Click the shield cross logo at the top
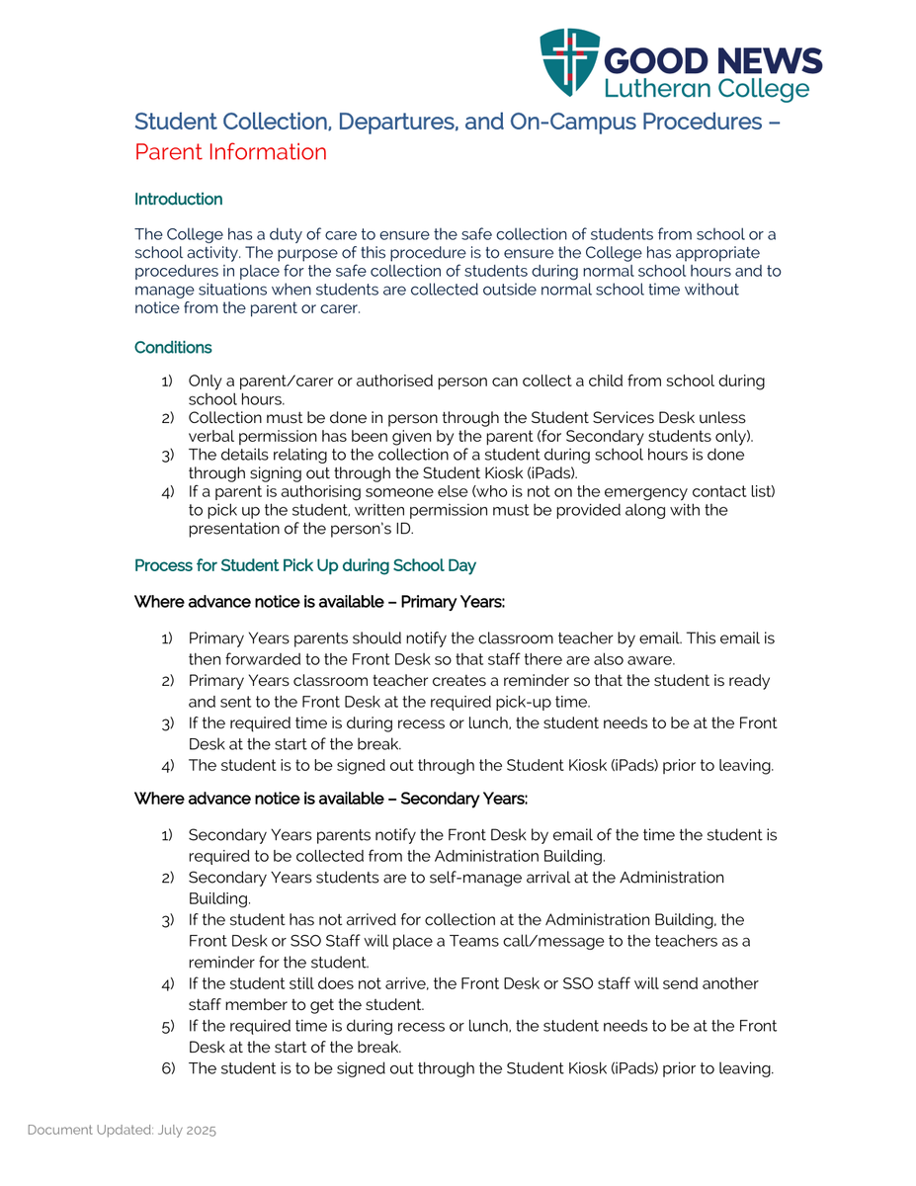click(570, 61)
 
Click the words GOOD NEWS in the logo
click(711, 61)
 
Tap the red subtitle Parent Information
click(230, 152)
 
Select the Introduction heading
click(178, 200)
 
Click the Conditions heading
click(173, 348)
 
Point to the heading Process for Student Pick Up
click(304, 566)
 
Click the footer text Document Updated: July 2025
click(122, 1130)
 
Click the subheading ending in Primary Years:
click(319, 602)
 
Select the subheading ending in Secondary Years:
click(330, 799)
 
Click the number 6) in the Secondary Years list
click(167, 1068)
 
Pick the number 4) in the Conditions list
click(167, 491)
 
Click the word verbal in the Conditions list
click(209, 436)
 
